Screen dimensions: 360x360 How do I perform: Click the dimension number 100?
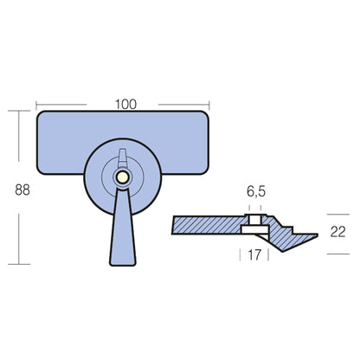coord(126,105)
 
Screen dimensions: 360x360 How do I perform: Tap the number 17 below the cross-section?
coord(254,255)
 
